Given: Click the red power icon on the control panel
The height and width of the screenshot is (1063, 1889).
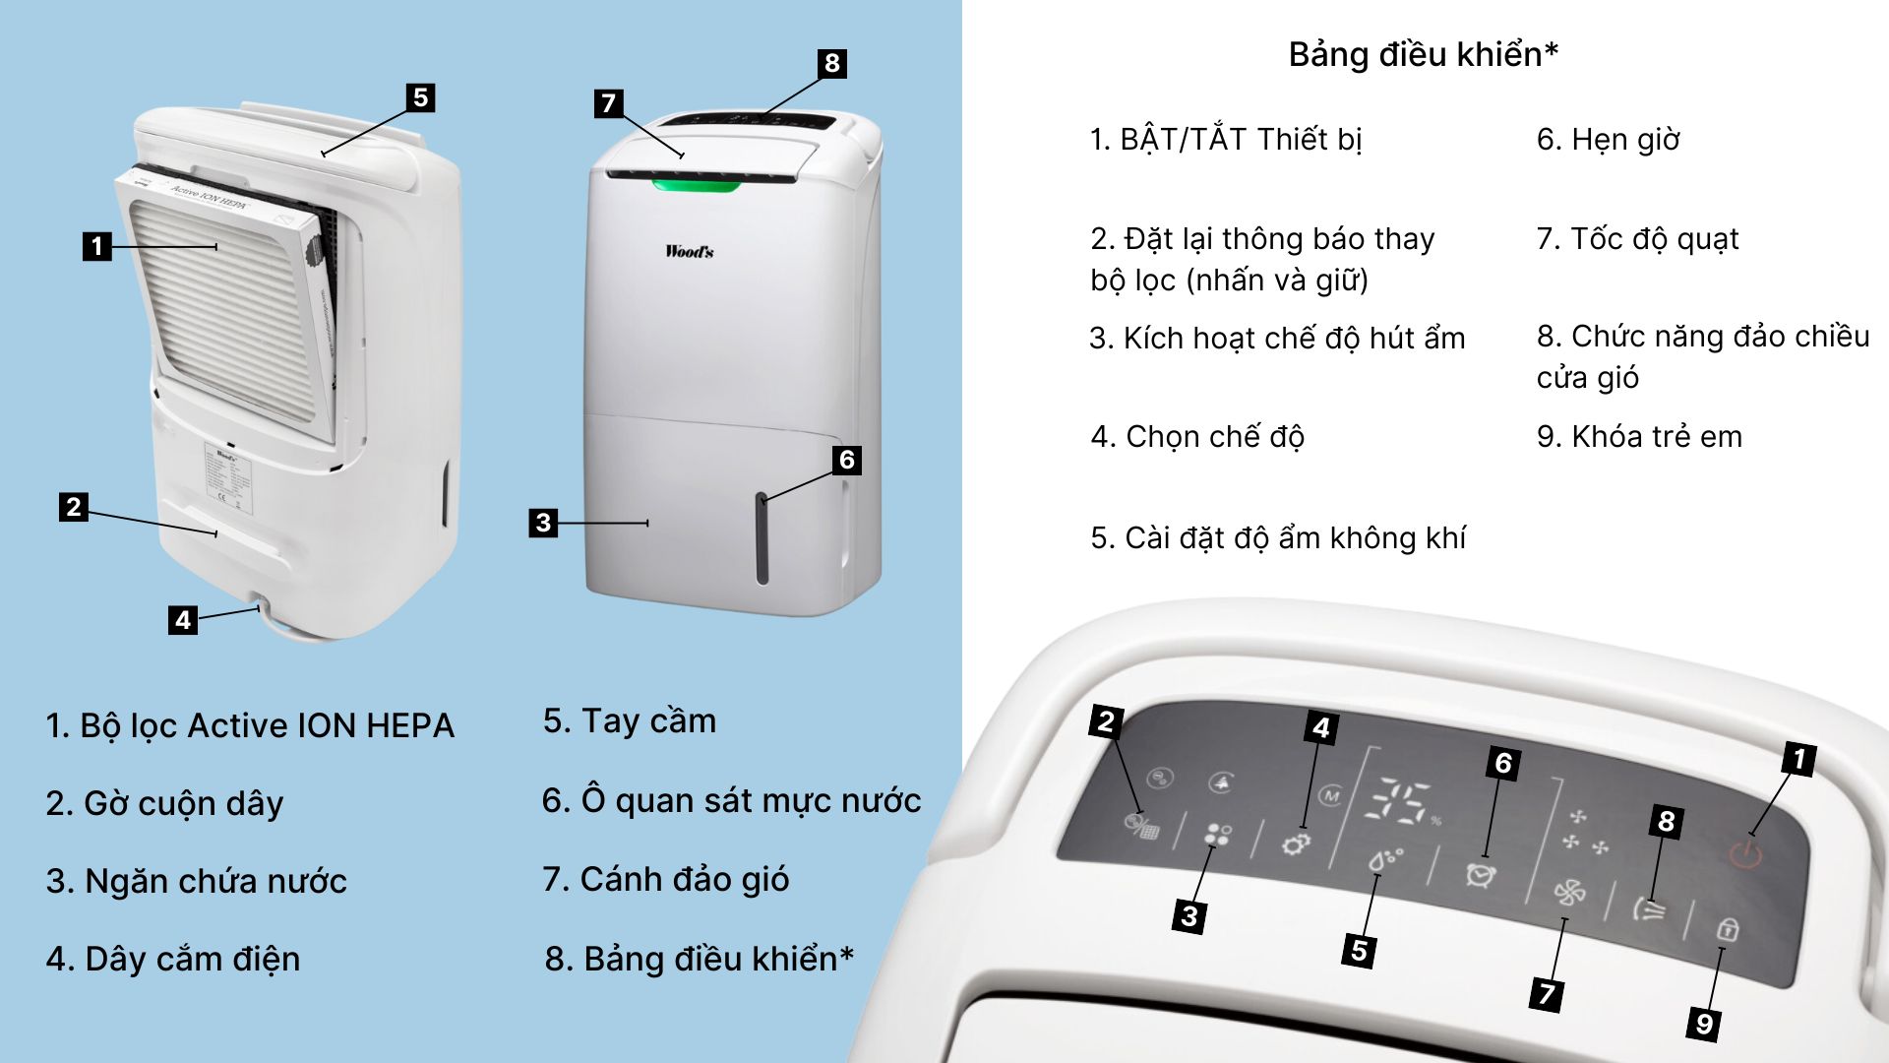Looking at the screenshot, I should click(1745, 852).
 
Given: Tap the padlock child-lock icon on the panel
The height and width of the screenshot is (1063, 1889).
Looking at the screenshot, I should click(1727, 929).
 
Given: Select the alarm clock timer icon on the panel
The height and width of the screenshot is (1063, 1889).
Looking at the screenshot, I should click(1481, 874).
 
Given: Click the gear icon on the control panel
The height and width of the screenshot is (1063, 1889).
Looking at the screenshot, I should click(1296, 844).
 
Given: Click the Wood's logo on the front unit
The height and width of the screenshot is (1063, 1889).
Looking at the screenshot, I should click(689, 251).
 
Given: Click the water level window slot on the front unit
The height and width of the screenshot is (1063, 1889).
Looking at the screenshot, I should click(762, 539).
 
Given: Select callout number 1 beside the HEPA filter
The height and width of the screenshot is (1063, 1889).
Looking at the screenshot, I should click(96, 245).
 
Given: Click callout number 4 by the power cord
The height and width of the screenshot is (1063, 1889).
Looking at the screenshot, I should click(182, 620).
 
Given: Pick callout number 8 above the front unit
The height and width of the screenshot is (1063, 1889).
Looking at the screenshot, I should click(831, 64).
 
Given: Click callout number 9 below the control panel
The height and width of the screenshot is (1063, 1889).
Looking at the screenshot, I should click(1704, 1024).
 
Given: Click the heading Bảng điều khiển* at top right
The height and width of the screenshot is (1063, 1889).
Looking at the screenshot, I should click(1423, 54).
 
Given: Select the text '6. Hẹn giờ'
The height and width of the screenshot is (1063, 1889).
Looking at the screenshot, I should click(1608, 140).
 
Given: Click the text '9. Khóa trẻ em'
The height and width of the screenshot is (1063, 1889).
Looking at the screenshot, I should click(1639, 436).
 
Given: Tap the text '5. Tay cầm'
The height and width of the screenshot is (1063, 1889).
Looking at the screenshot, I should click(630, 720).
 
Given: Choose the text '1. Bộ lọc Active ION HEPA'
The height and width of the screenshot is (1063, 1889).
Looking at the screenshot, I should click(250, 725).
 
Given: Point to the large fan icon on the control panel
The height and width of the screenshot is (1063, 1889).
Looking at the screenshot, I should click(1569, 893).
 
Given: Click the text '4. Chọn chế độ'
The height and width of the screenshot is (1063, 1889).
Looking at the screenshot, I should click(1197, 436).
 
